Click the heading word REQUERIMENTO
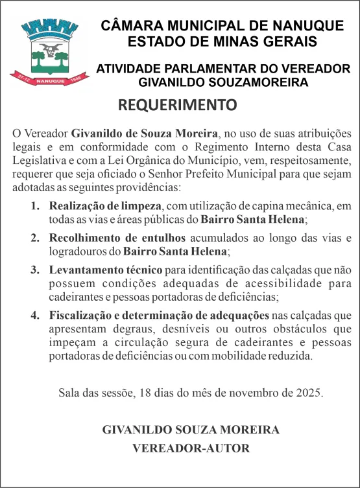coord(178,105)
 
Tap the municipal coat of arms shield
coord(47,51)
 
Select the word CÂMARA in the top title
coord(130,27)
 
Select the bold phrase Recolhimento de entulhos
coord(117,237)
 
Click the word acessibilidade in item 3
coord(272,283)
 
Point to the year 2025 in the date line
coord(309,393)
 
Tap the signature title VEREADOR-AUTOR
coord(191,448)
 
